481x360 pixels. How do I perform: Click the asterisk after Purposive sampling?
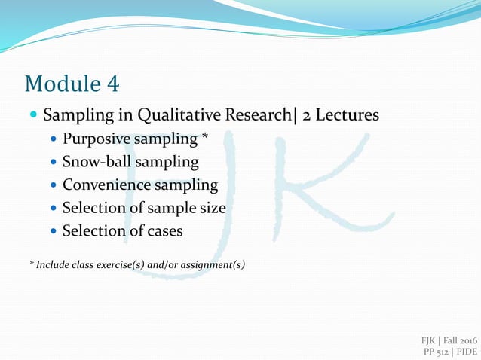pos(204,138)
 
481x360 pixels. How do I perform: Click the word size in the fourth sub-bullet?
pos(211,208)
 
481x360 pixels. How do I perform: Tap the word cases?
pos(161,230)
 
